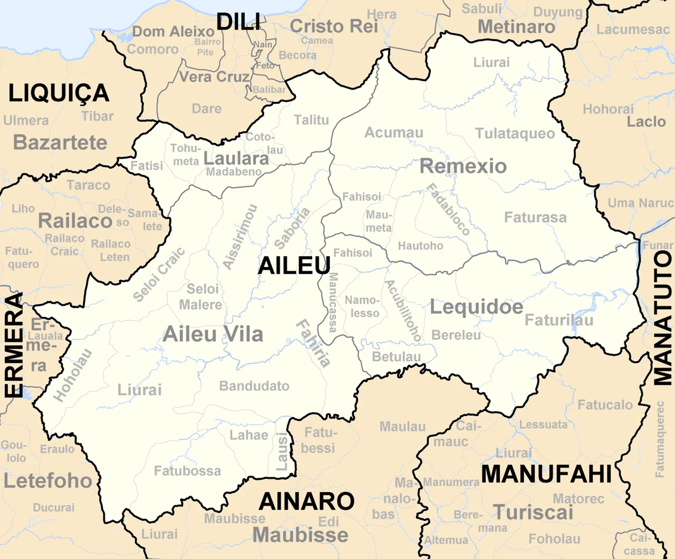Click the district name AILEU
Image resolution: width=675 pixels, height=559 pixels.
click(x=294, y=265)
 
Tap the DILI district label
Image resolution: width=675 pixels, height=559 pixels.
click(x=238, y=22)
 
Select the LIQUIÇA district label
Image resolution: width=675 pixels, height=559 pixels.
click(x=59, y=94)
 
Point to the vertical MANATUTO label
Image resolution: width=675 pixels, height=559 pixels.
click(x=663, y=318)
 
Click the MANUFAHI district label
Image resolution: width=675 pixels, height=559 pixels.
click(x=546, y=474)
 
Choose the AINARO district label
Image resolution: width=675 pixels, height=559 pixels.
click(x=307, y=501)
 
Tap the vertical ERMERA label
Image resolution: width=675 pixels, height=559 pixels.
click(x=14, y=345)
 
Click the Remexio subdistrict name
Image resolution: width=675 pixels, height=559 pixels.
click(x=463, y=166)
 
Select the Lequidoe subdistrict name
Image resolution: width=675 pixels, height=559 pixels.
click(x=476, y=307)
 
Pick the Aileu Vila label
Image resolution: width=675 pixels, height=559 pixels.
click(x=213, y=334)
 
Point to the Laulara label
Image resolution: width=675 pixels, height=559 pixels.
click(x=236, y=158)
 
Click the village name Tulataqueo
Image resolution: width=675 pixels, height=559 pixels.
click(x=515, y=133)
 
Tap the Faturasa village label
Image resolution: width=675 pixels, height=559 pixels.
click(x=535, y=217)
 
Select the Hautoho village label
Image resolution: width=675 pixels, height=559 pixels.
click(x=420, y=246)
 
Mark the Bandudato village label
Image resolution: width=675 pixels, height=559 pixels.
click(x=254, y=386)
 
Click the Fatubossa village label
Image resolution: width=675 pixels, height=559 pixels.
click(x=187, y=470)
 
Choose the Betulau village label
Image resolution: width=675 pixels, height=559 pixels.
click(x=397, y=357)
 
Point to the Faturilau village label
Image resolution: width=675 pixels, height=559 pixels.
click(x=559, y=320)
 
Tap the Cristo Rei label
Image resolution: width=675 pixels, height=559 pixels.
click(x=334, y=26)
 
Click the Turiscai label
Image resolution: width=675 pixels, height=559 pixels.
click(x=533, y=513)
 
